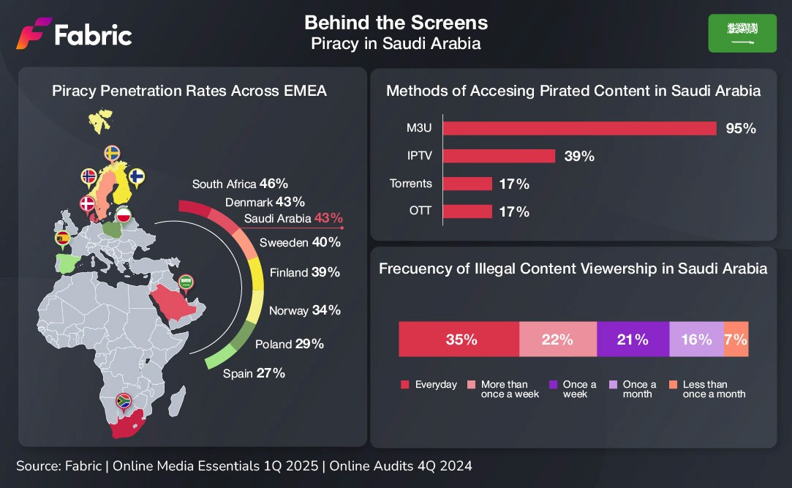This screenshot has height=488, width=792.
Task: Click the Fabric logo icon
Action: pos(34,34)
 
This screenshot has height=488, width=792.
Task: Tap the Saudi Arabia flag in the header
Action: pos(742,34)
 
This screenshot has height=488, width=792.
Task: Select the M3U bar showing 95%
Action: pos(580,128)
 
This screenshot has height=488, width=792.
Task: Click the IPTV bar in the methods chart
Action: pos(499,156)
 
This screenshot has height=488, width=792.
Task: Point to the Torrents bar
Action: pos(468,184)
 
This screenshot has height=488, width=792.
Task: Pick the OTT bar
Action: pos(468,211)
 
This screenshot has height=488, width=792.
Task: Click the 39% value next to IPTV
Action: pos(579,156)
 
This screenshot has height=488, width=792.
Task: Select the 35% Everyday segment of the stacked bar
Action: pos(459,339)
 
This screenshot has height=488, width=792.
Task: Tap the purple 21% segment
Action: pos(633,339)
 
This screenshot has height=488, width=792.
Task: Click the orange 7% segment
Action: pos(736,339)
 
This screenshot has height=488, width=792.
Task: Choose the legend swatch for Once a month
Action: pos(613,384)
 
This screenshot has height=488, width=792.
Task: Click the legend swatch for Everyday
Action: pos(404,384)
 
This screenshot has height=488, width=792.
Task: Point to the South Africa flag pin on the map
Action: pos(124,402)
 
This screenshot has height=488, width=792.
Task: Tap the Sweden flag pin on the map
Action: pos(112,154)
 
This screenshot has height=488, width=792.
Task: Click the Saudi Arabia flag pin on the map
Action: pos(186,284)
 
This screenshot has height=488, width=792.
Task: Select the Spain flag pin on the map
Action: pos(63,239)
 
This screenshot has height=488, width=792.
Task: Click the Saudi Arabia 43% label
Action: pos(293,218)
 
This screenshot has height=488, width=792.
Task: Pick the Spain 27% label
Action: pos(254,373)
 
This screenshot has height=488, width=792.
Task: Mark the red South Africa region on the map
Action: pos(127,424)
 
